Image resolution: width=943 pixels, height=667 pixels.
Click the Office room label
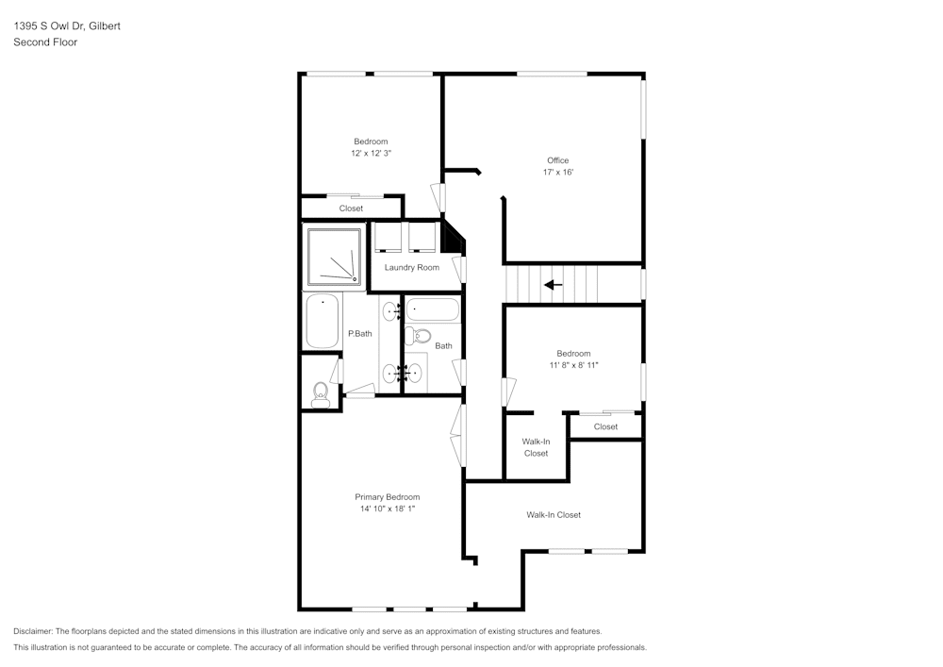point(557,160)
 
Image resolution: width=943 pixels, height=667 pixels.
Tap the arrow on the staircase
point(553,284)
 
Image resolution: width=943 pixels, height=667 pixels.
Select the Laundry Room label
point(411,268)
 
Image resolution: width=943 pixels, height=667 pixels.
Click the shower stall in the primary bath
point(333,255)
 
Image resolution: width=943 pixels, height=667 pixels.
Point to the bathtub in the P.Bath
point(323,321)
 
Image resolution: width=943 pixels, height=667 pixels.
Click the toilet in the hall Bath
point(421,336)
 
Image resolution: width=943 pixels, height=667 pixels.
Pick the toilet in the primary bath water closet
point(321,394)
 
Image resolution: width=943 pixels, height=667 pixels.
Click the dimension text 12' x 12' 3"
point(371,153)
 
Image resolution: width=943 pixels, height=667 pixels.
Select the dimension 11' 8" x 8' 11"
point(573,365)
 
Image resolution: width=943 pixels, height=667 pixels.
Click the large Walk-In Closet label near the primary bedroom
point(554,515)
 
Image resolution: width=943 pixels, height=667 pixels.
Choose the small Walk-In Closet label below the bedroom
point(536,447)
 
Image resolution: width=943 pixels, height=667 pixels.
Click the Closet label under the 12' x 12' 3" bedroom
point(351,208)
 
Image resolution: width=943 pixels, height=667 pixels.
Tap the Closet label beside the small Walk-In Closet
point(605,427)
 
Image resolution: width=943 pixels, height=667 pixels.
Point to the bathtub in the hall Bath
point(433,309)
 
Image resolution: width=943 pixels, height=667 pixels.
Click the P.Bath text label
point(359,334)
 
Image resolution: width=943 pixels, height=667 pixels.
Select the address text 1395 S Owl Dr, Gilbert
point(66,26)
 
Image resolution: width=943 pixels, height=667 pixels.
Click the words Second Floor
point(45,42)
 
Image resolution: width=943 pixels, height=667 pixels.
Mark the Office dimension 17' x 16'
point(557,173)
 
